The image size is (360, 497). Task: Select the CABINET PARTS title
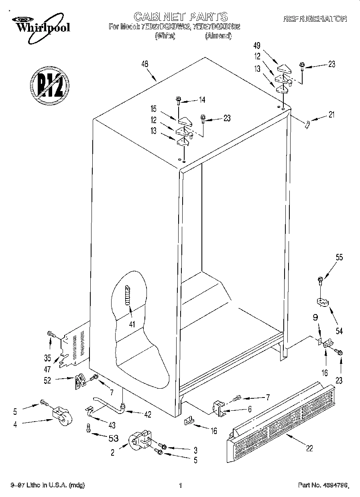[x=180, y=16]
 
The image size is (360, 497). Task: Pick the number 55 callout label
[x=339, y=258]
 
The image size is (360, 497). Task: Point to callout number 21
[x=331, y=115]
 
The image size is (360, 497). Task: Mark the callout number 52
[x=47, y=380]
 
